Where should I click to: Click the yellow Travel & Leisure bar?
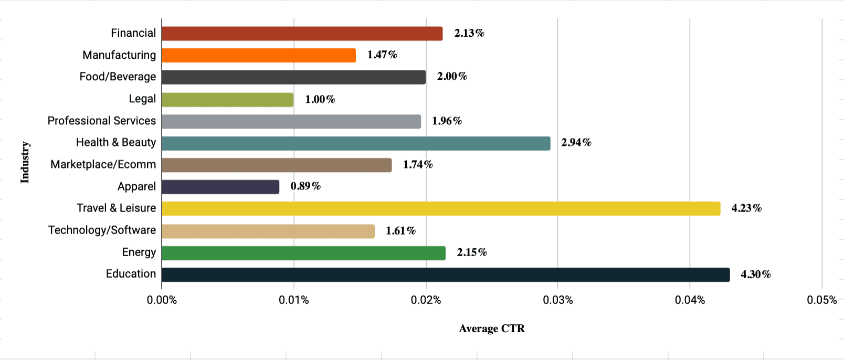pyautogui.click(x=441, y=208)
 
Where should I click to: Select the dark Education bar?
pyautogui.click(x=446, y=274)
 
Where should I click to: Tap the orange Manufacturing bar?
pyautogui.click(x=259, y=55)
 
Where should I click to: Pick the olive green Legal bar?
pyautogui.click(x=228, y=99)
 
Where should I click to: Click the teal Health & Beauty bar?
pyautogui.click(x=356, y=143)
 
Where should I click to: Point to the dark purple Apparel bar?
pyautogui.click(x=220, y=187)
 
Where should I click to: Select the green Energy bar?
pyautogui.click(x=303, y=253)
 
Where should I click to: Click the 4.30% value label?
pyautogui.click(x=755, y=274)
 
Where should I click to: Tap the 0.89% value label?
pyautogui.click(x=305, y=186)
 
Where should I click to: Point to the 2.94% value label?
pyautogui.click(x=576, y=143)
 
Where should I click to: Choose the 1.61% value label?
pyautogui.click(x=400, y=231)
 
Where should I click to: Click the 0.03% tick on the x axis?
pyautogui.click(x=558, y=300)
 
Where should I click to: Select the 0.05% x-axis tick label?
pyautogui.click(x=821, y=300)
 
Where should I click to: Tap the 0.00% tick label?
pyautogui.click(x=162, y=300)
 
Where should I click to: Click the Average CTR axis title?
pyautogui.click(x=492, y=329)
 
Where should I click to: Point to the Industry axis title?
pyautogui.click(x=25, y=162)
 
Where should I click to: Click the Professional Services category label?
pyautogui.click(x=102, y=121)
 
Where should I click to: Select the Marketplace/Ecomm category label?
pyautogui.click(x=103, y=165)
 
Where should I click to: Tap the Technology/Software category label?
pyautogui.click(x=102, y=230)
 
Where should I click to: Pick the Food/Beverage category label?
pyautogui.click(x=118, y=77)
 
